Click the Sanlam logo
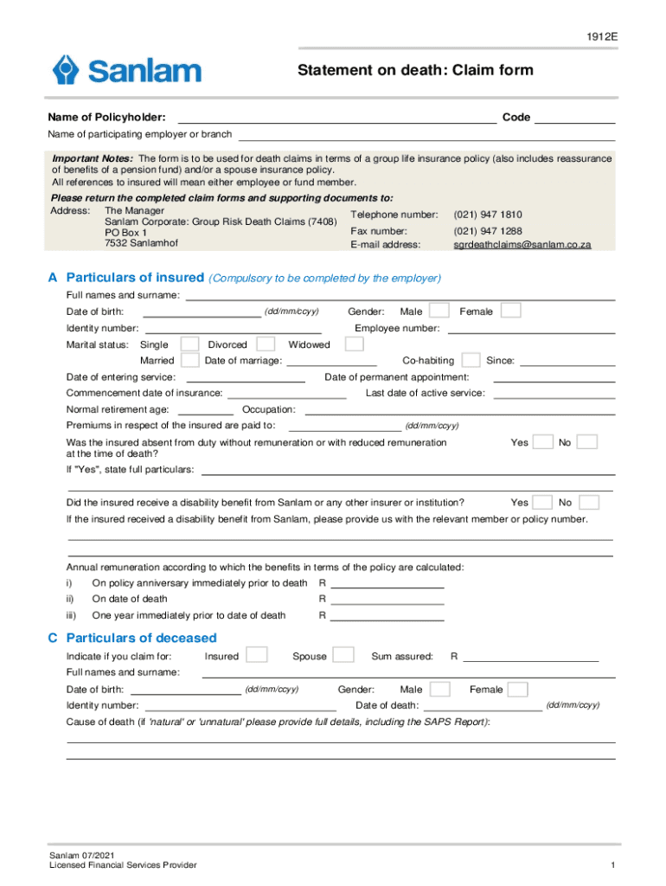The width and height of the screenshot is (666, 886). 126,70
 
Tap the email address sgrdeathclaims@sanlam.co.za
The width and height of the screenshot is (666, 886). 522,245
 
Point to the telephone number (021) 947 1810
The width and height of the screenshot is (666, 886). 487,214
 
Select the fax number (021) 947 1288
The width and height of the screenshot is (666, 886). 487,231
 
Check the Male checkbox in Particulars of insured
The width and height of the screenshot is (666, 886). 439,311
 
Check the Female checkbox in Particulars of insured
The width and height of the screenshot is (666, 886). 511,311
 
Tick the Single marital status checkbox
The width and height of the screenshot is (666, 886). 189,344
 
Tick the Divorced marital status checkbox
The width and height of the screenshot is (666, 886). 267,344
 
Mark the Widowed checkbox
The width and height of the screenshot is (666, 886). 354,344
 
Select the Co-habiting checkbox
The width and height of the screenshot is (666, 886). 471,360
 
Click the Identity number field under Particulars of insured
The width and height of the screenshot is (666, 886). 233,329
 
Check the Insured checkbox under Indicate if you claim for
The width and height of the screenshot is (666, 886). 257,655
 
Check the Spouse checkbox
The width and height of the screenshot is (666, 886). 343,655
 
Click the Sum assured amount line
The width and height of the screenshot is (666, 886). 531,657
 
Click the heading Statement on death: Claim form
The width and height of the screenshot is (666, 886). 415,70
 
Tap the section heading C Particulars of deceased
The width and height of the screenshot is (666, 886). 132,638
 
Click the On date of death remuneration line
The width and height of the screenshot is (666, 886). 387,600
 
